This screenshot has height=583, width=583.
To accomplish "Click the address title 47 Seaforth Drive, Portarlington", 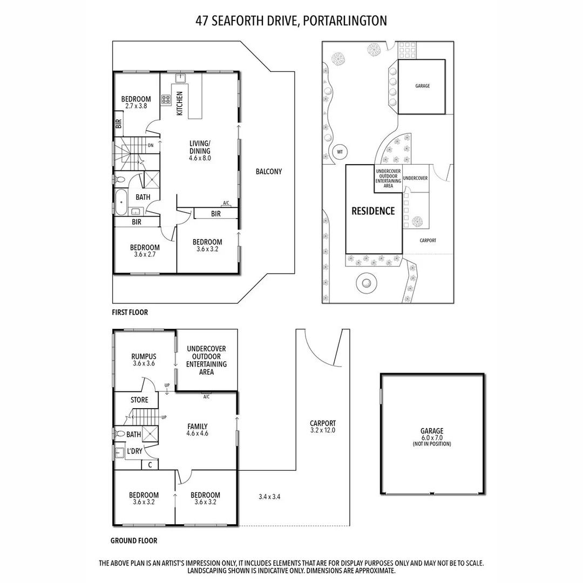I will click(291, 21).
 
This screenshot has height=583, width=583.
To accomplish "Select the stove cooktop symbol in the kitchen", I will click(166, 99).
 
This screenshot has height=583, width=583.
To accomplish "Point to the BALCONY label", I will click(268, 172).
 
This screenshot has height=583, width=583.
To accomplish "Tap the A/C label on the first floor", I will click(226, 203).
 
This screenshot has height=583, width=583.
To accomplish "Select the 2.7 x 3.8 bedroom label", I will click(135, 103).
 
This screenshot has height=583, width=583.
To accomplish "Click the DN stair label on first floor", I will click(151, 145).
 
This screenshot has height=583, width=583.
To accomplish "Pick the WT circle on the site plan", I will click(340, 152).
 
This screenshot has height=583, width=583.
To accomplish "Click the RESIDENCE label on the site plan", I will click(373, 211).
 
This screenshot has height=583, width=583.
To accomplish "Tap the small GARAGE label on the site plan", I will click(422, 86).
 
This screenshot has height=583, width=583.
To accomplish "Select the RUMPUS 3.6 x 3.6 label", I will click(144, 360).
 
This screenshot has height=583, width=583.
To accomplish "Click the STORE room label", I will click(139, 400).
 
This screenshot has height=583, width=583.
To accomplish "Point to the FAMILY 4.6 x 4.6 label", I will click(197, 430).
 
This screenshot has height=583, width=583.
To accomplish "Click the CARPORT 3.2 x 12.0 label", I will click(323, 426).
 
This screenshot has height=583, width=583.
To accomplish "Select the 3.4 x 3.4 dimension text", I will click(269, 496).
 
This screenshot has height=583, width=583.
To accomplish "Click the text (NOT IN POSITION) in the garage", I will click(432, 444).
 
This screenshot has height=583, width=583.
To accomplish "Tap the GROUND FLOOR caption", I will click(134, 540).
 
